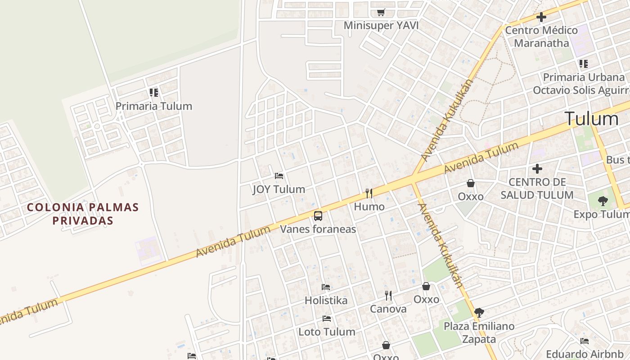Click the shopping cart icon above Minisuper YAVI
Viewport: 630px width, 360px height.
click(381, 12)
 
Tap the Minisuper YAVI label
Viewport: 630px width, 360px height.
click(381, 26)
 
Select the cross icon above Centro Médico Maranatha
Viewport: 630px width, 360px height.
click(541, 18)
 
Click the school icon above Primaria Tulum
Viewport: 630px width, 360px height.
click(154, 93)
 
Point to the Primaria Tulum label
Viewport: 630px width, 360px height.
click(154, 106)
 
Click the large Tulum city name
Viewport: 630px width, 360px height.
click(591, 119)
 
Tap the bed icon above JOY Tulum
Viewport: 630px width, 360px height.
click(279, 175)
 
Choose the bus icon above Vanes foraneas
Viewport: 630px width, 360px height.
click(318, 216)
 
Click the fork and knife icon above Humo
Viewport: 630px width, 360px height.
click(369, 193)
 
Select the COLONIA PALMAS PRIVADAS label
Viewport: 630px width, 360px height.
click(83, 214)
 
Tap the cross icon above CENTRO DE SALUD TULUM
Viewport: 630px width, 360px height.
click(537, 169)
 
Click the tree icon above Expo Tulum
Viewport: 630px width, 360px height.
click(603, 201)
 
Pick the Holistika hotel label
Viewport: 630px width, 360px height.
click(326, 300)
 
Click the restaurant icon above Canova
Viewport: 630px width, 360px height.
click(388, 295)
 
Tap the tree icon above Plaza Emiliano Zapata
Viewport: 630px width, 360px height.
click(479, 312)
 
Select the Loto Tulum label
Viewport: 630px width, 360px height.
click(327, 332)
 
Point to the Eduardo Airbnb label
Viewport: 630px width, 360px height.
click(585, 354)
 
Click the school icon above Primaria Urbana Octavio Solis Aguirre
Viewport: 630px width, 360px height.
click(584, 64)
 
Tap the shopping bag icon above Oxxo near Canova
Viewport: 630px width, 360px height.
click(426, 286)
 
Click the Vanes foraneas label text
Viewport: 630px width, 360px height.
click(318, 229)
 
